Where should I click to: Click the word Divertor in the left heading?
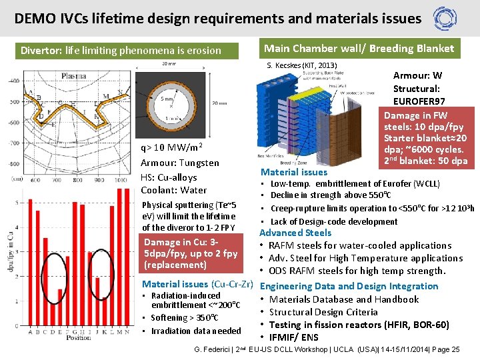tap(41, 50)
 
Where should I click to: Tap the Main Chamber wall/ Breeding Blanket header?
tap(359, 48)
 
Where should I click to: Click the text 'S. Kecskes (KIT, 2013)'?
tap(302, 65)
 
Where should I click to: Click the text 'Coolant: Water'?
tap(173, 191)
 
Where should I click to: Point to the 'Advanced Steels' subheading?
tap(295, 233)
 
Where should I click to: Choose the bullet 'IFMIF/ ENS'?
tap(294, 337)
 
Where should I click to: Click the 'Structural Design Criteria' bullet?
tap(323, 312)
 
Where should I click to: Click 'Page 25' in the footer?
tap(446, 349)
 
